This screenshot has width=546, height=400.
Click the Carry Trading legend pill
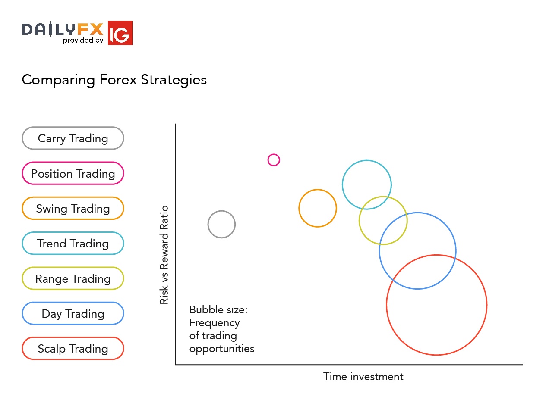click(73, 138)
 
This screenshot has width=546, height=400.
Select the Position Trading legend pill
click(73, 174)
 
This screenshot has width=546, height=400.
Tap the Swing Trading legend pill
click(73, 209)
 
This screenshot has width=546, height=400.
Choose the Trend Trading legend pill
click(73, 244)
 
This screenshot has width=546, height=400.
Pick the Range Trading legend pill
click(73, 279)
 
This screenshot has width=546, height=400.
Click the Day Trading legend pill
click(73, 314)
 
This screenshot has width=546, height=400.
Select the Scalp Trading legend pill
click(73, 349)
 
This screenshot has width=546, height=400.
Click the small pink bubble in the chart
click(274, 160)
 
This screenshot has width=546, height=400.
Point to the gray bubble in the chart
click(221, 224)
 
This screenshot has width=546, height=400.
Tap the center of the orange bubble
click(318, 208)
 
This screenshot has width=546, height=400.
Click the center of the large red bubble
click(436, 305)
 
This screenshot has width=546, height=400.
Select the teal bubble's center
click(367, 185)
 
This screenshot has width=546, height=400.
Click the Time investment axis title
click(363, 377)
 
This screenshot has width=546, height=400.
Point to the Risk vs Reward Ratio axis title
click(164, 255)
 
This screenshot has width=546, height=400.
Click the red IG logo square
click(120, 33)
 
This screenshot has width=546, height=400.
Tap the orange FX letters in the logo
click(91, 29)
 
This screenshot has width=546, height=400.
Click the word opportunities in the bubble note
click(222, 349)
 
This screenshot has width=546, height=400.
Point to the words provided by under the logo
click(83, 41)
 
